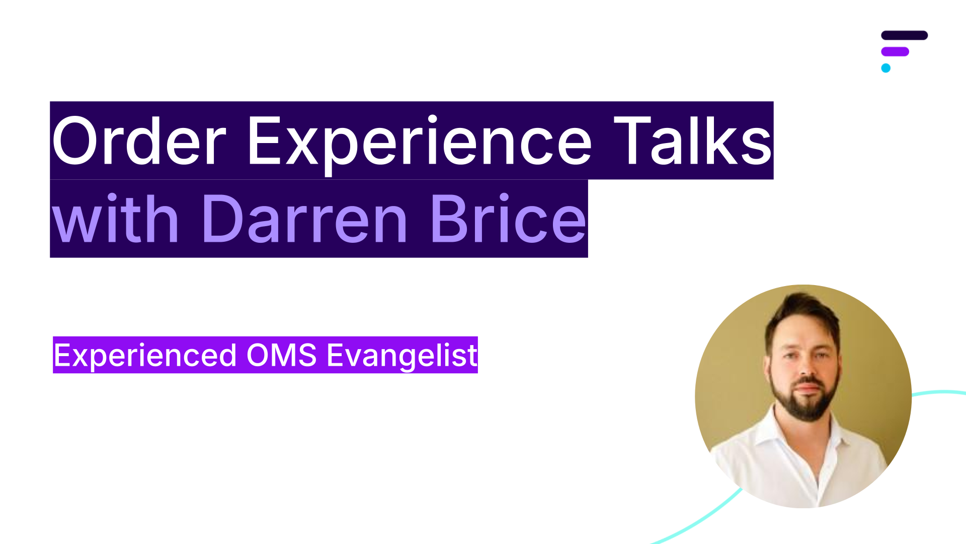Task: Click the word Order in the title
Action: (x=139, y=141)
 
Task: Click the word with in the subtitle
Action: (x=115, y=219)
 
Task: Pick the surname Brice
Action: (x=509, y=219)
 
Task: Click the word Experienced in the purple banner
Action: (x=145, y=356)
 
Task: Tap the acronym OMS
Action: (x=281, y=355)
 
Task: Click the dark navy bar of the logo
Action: (x=904, y=35)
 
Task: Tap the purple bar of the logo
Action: (x=895, y=51)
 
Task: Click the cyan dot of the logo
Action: (x=886, y=68)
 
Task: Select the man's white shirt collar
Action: (x=805, y=433)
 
